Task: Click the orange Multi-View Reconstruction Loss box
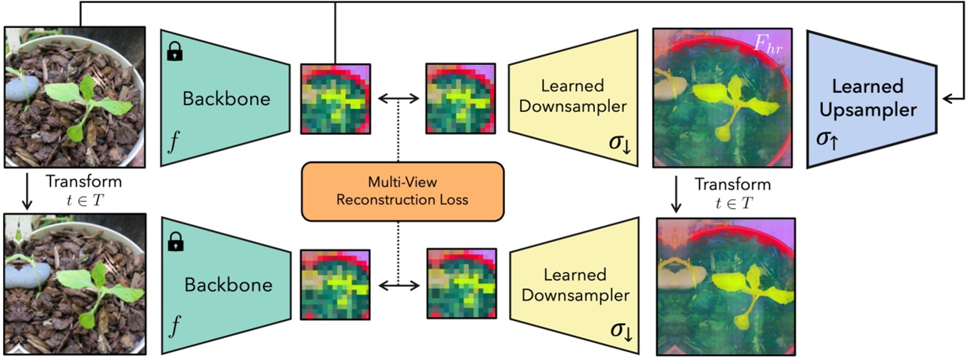tap(402, 192)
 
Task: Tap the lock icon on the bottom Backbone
tap(176, 240)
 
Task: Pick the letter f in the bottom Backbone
tap(174, 329)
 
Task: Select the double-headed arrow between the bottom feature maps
tap(398, 285)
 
